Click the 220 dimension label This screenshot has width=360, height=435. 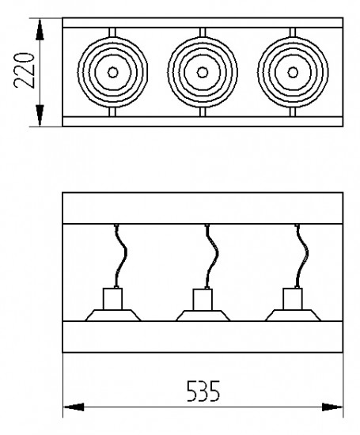[x=25, y=70]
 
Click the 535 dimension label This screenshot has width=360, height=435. [x=203, y=391]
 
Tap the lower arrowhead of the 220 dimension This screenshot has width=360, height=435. [x=40, y=115]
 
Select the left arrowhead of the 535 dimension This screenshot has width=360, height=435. [x=74, y=407]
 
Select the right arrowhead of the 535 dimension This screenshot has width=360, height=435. [x=332, y=407]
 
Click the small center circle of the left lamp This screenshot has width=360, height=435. [x=112, y=73]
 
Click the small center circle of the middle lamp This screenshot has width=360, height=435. [x=203, y=73]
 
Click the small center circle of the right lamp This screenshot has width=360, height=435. [x=293, y=73]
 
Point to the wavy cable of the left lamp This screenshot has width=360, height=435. [x=121, y=255]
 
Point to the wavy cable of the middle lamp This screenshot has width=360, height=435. [x=212, y=255]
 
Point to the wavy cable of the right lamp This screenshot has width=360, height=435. [x=302, y=255]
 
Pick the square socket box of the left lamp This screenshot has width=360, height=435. [x=112, y=299]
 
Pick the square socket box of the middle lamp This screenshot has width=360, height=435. [x=203, y=300]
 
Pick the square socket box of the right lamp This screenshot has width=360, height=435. [x=293, y=299]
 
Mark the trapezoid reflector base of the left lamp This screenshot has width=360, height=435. [x=112, y=316]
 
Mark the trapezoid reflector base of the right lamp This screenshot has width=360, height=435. [x=293, y=316]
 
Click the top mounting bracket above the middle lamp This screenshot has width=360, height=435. [x=203, y=32]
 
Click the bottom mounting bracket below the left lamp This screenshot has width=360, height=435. [x=112, y=112]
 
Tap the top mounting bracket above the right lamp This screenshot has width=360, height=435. [x=293, y=32]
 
